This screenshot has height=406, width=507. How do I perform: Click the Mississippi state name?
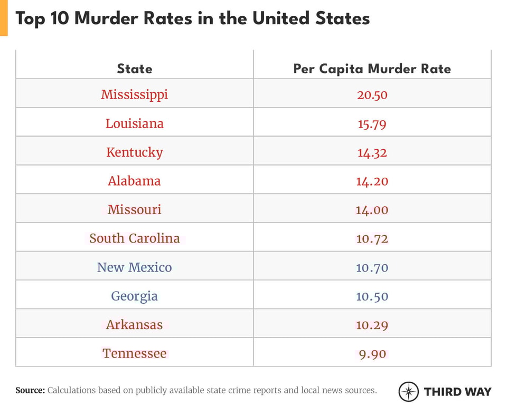pos(134,94)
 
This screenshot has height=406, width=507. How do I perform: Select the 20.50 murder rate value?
pos(372,95)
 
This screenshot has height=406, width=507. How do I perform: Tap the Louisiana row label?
pos(134,123)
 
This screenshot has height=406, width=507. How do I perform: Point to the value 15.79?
pos(372,124)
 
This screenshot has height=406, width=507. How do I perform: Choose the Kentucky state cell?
pos(134,152)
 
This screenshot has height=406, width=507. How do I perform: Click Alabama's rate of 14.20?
pos(372,181)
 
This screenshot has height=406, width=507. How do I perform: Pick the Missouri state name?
pos(134,209)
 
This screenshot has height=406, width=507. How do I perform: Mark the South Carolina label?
pos(134,238)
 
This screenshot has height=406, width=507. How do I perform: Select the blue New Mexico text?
pos(134,267)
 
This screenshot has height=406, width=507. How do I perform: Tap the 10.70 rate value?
pos(372,268)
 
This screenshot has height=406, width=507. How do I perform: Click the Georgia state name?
pos(134,296)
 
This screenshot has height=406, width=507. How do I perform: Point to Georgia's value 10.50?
pos(372,296)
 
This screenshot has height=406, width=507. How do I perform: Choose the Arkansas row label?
pos(134,325)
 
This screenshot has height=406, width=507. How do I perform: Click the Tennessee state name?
pos(134,353)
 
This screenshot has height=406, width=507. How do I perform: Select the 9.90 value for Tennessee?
pos(372,354)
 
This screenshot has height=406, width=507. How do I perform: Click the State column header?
pos(134,69)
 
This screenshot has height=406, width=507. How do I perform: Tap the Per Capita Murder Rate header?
pos(372,69)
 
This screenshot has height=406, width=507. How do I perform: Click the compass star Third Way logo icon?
pos(408,391)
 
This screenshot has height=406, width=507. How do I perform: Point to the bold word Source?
pos(30,391)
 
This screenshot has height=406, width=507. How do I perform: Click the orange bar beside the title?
pos(4,18)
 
